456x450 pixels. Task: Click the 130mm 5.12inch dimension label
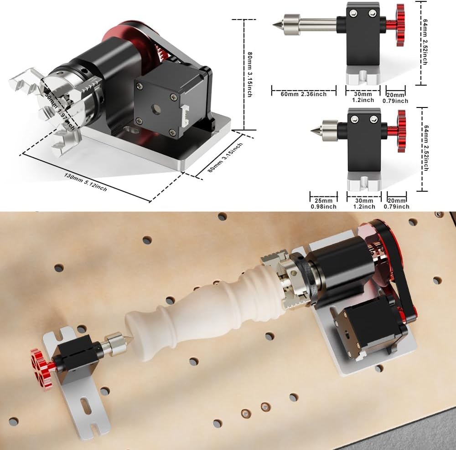point(86,183)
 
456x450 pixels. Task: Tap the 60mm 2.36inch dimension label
point(304,94)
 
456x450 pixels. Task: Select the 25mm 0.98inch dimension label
point(323,204)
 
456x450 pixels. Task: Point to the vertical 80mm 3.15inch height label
point(249,74)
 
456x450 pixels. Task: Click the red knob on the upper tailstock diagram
point(400,25)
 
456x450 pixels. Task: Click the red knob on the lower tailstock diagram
point(402,131)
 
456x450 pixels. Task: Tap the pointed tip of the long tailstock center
point(273,25)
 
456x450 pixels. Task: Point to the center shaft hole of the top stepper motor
point(156,109)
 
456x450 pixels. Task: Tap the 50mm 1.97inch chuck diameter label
point(58,108)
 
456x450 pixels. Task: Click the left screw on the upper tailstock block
point(353,13)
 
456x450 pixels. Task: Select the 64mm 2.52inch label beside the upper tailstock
point(425,42)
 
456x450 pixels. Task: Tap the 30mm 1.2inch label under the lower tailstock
point(364,204)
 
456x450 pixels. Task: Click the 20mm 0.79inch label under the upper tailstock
point(395,98)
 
